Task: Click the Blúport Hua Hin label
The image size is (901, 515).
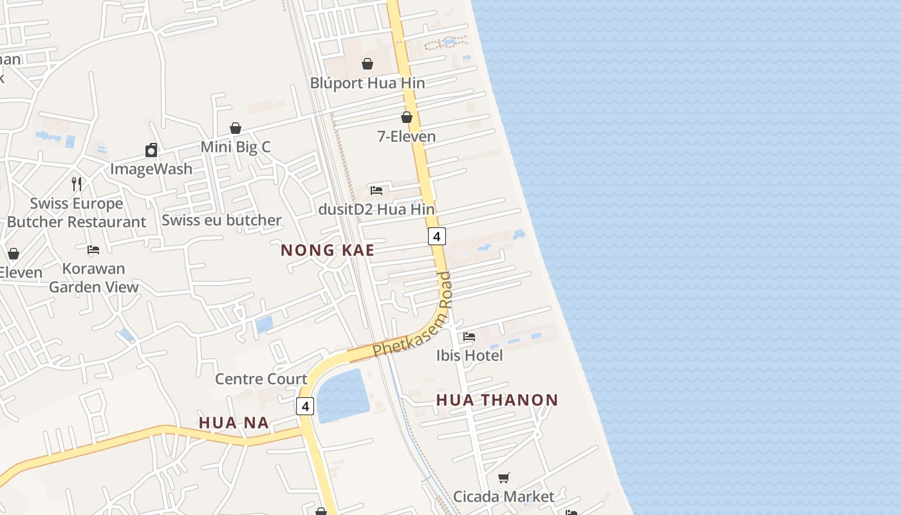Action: [367, 83]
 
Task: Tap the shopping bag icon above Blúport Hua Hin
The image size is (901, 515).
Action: [367, 64]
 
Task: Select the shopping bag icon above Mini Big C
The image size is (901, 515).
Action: [236, 128]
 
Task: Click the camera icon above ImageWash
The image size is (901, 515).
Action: [151, 150]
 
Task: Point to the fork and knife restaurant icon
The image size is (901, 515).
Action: [77, 184]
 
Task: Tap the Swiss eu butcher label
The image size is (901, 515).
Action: [221, 220]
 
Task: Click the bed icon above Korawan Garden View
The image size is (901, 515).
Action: [93, 250]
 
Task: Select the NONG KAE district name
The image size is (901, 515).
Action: [328, 250]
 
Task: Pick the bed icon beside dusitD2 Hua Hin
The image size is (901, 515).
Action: [376, 191]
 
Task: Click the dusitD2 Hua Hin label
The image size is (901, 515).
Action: [376, 209]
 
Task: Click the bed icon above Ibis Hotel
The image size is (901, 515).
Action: [469, 336]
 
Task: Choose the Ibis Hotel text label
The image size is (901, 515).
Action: [470, 355]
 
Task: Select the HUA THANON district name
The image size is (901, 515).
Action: [497, 400]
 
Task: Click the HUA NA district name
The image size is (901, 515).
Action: [233, 423]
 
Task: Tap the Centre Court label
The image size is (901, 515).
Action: [261, 379]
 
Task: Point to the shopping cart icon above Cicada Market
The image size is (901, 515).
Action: [504, 478]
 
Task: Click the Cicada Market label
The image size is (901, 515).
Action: [503, 496]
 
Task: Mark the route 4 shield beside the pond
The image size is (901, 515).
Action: [305, 406]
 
